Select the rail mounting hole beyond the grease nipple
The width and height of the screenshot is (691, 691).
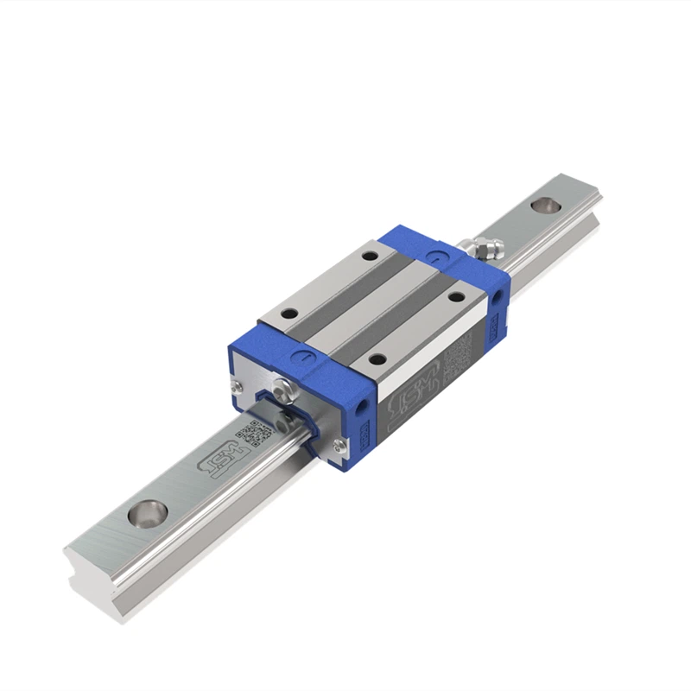coord(543,206)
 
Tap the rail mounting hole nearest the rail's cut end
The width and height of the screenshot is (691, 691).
coord(145,513)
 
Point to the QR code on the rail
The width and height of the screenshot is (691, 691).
coord(252,434)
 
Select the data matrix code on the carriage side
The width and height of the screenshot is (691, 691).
coord(457,353)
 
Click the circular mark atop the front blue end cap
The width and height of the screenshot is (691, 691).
coord(301,354)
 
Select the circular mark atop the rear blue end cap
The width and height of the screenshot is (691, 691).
coord(434,256)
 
